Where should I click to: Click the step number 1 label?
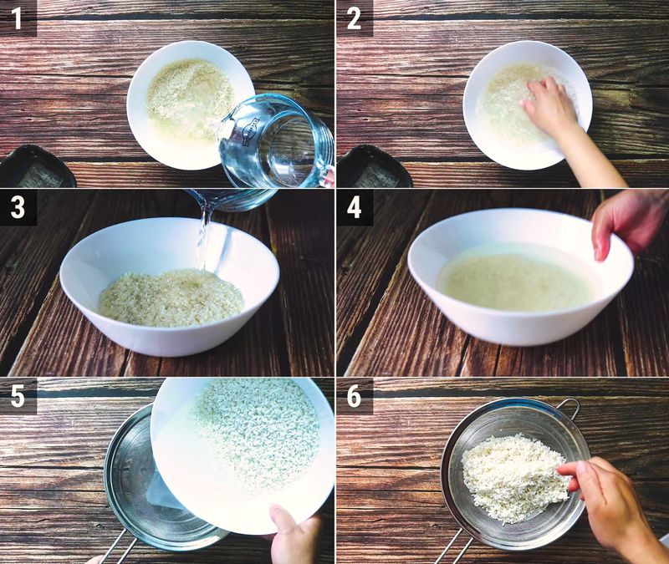pos(17,18)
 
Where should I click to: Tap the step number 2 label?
pos(354,18)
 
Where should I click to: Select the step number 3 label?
pos(18,207)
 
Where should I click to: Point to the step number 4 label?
pos(354,207)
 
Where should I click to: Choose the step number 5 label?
pos(18,395)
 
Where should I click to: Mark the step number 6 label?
pos(354,395)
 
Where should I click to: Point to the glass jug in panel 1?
pos(275,140)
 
